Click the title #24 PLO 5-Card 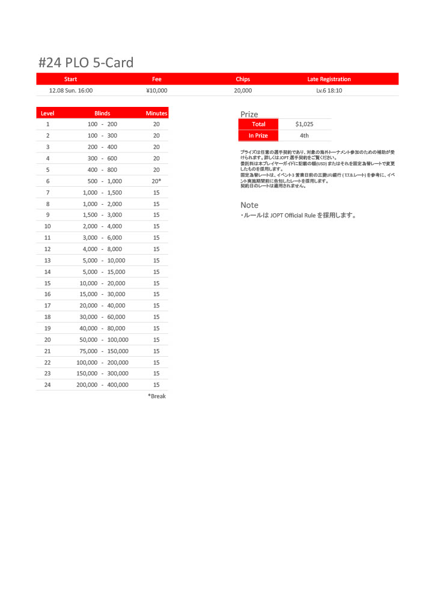click(85, 62)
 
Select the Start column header click(70, 79)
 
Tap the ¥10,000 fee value click(157, 91)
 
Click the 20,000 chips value click(243, 91)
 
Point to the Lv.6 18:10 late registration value click(329, 91)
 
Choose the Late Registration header click(329, 79)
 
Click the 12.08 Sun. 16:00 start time click(70, 91)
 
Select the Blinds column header click(102, 113)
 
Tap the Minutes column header click(156, 113)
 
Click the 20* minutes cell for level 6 click(156, 181)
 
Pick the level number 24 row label click(47, 385)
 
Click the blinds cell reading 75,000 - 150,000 click(102, 351)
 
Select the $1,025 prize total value click(305, 124)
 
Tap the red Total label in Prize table click(258, 124)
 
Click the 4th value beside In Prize click(305, 136)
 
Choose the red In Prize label click(258, 136)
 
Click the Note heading click(249, 205)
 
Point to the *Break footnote click(157, 396)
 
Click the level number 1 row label click(47, 124)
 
